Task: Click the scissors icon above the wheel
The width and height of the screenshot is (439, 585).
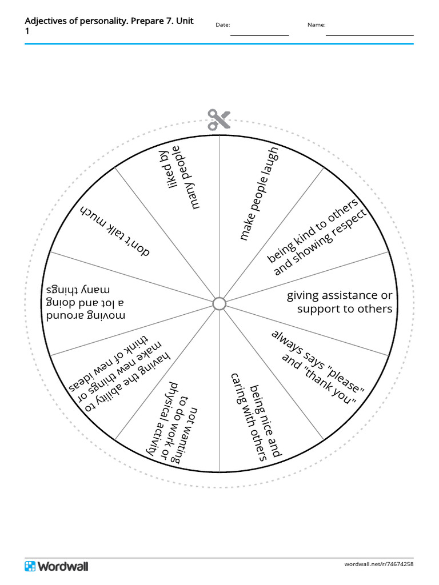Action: click(x=219, y=119)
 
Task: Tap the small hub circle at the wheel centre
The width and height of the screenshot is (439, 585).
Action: click(x=219, y=303)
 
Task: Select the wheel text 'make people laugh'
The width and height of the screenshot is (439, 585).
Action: click(x=259, y=193)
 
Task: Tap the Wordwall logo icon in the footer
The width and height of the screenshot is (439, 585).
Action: click(x=30, y=566)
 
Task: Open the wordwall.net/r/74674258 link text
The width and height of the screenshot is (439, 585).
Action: click(x=378, y=564)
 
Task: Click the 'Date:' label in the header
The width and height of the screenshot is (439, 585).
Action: click(x=222, y=25)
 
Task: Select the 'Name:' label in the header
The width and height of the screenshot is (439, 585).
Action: click(x=316, y=25)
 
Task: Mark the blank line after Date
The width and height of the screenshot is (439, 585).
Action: click(x=260, y=35)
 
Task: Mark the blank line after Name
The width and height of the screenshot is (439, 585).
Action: click(x=369, y=35)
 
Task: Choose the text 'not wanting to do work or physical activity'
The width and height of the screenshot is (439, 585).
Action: click(x=177, y=420)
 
